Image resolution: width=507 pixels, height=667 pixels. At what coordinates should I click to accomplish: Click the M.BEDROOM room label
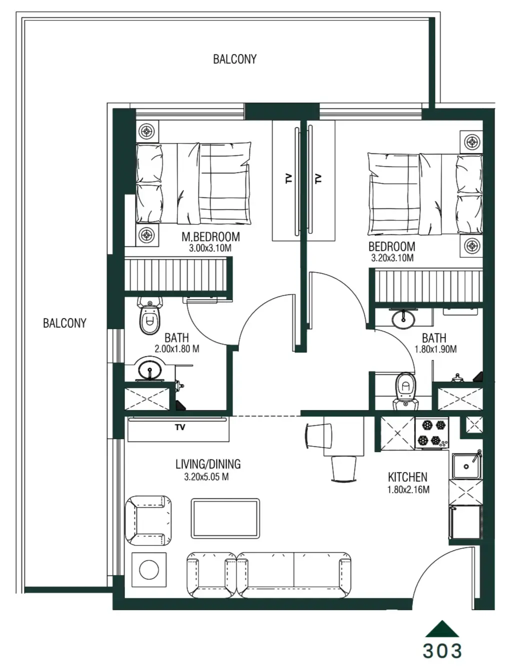coord(210,236)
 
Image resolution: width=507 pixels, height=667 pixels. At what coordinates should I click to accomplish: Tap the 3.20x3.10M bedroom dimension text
coord(392,258)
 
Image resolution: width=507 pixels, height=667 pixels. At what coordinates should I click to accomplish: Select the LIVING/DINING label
coord(208,464)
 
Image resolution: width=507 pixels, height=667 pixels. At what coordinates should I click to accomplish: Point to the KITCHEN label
coord(407,477)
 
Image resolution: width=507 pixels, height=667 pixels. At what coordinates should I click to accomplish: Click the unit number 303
coord(442,650)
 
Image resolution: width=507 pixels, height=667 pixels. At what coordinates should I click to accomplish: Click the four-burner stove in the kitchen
coord(432,433)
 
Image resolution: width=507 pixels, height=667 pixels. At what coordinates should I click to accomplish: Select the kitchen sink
coord(466,466)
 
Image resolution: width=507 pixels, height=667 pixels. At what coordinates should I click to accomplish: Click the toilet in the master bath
coord(149,317)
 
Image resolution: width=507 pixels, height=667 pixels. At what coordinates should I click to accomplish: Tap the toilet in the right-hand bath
coord(406,387)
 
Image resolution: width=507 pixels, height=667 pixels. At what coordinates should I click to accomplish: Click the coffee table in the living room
coord(225,518)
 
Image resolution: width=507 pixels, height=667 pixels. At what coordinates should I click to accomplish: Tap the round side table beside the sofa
coord(149,569)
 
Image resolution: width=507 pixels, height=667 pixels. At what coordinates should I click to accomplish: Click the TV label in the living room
coord(180,427)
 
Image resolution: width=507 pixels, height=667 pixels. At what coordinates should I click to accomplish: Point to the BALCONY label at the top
coord(234,59)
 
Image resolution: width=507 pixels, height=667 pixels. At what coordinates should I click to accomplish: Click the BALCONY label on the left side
coord(64,323)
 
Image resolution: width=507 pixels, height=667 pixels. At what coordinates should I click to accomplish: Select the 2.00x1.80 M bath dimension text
coord(176,349)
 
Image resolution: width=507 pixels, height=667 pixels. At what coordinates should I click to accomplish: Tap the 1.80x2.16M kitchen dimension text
coord(408,490)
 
